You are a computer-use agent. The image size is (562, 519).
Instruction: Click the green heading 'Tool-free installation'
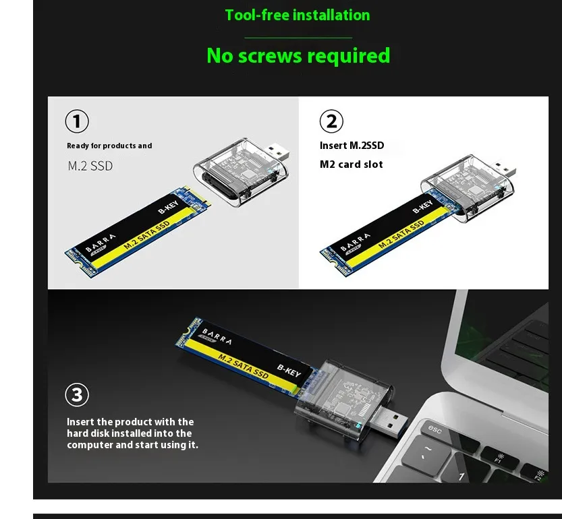click(x=297, y=16)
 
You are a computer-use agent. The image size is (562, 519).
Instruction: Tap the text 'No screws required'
click(x=298, y=56)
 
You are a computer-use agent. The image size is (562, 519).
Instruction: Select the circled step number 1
click(x=77, y=121)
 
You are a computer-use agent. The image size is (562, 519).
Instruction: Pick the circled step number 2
click(x=331, y=121)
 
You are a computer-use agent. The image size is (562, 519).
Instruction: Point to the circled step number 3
click(x=77, y=395)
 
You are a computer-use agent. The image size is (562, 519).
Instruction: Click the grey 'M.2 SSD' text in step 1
click(x=90, y=166)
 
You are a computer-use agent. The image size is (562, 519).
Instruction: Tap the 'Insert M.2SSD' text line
click(x=352, y=146)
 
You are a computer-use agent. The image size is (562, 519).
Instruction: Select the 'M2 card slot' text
click(x=352, y=164)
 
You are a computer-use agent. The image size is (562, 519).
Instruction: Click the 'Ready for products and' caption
click(x=109, y=146)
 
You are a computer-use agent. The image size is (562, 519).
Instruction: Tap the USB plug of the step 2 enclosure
click(x=504, y=170)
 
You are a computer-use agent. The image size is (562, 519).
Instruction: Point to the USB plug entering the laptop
click(x=388, y=423)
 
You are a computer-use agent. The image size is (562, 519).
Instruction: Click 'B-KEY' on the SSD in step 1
click(x=168, y=208)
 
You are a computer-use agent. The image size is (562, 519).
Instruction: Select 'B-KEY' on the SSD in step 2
click(x=422, y=207)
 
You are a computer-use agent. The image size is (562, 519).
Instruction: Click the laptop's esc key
click(x=434, y=429)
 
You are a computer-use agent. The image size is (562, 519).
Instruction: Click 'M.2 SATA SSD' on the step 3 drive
click(x=244, y=367)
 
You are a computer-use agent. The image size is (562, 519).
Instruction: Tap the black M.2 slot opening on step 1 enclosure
click(x=216, y=180)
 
